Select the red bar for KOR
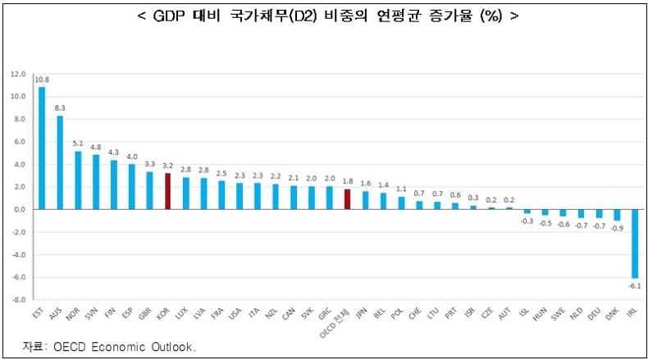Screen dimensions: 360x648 coord(168,191)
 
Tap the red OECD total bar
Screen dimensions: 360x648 coord(347,199)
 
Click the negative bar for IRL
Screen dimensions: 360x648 coord(634,244)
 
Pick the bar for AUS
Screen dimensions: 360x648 coord(60,162)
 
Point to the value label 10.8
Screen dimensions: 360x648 coord(42,80)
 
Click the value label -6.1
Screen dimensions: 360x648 coord(633,285)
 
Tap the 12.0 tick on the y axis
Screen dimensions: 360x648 coord(18,74)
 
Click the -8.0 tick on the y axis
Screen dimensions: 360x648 coord(18,300)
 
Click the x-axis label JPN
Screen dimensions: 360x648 coord(364,316)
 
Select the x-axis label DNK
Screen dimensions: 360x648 coord(615,316)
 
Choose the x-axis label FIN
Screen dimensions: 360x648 coord(113,316)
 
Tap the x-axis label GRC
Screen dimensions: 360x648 coord(328,316)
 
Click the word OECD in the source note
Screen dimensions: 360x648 coord(72,347)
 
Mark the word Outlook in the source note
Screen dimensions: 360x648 coord(174,347)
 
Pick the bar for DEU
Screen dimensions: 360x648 coord(598,213)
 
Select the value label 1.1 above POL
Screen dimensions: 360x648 coord(401,189)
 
